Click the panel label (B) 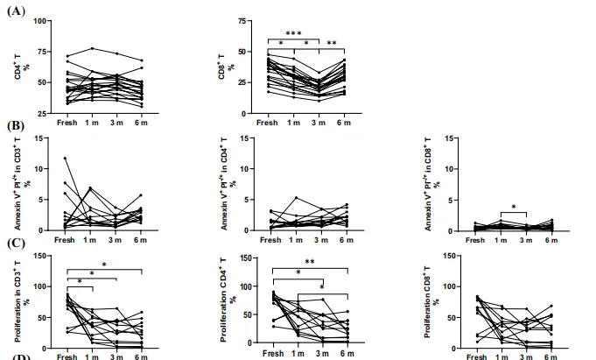[x=16, y=126]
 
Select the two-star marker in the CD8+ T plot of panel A [x=332, y=43]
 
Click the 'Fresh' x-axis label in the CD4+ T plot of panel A [x=67, y=122]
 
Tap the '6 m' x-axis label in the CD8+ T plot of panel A [x=345, y=122]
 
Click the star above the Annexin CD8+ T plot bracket [x=514, y=208]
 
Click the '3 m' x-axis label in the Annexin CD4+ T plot [x=322, y=239]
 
